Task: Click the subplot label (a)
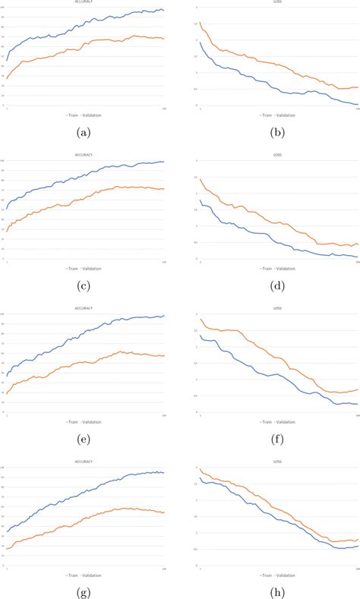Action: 84,132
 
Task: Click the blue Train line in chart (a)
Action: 76,31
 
